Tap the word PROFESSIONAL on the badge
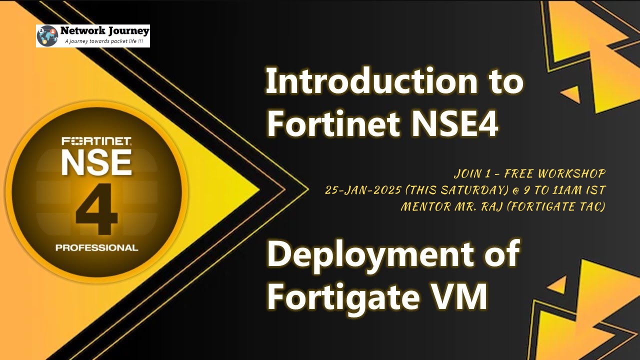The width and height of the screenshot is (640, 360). [96, 247]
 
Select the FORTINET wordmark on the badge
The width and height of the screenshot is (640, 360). [96, 141]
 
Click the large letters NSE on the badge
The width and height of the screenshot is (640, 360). [96, 162]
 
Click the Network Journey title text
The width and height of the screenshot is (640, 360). [104, 30]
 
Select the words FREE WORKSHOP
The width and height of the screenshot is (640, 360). [554, 174]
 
